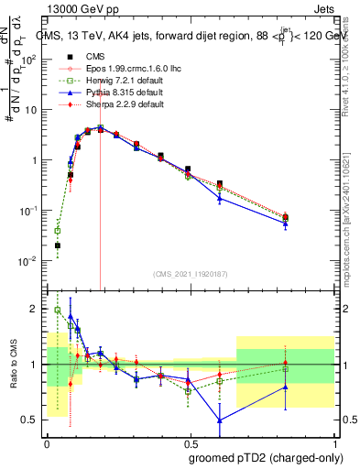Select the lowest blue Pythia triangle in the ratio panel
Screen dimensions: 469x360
220,420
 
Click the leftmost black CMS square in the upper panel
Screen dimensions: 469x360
58,245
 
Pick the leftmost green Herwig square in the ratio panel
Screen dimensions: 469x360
58,310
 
